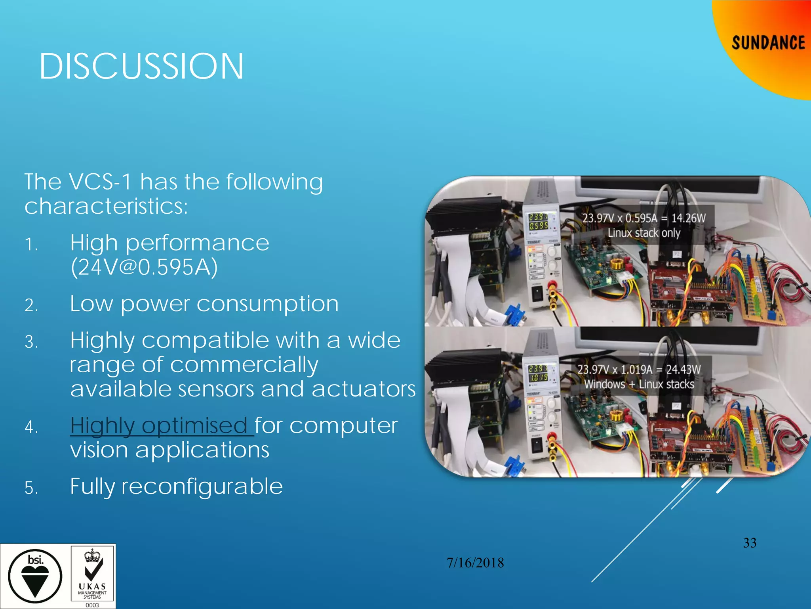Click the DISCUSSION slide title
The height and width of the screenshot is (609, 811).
pyautogui.click(x=141, y=66)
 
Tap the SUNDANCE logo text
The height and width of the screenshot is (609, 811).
pyautogui.click(x=768, y=43)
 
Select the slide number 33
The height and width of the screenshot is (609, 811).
pyautogui.click(x=750, y=543)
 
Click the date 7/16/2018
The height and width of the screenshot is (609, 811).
pyautogui.click(x=475, y=563)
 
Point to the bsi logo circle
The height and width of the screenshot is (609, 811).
pyautogui.click(x=35, y=576)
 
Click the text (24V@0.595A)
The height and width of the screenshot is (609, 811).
pyautogui.click(x=144, y=267)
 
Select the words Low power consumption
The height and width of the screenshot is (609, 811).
pyautogui.click(x=204, y=304)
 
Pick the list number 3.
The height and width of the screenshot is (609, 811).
pyautogui.click(x=31, y=342)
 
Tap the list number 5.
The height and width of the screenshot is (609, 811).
pyautogui.click(x=31, y=488)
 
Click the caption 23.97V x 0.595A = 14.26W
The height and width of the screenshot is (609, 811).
pyautogui.click(x=644, y=218)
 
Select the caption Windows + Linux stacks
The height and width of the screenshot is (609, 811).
pyautogui.click(x=639, y=384)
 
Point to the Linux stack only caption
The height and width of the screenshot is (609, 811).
pyautogui.click(x=644, y=233)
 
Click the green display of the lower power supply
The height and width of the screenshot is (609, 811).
pyautogui.click(x=539, y=373)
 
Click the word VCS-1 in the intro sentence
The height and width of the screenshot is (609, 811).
pyautogui.click(x=100, y=182)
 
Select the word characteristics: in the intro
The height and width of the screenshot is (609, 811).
pyautogui.click(x=106, y=206)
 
